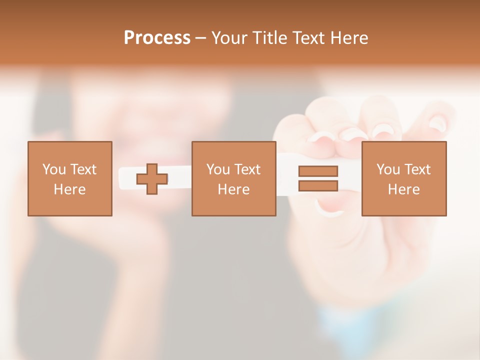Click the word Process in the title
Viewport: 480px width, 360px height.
(157, 38)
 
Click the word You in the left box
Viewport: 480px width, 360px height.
(54, 169)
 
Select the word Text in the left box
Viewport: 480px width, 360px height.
(83, 169)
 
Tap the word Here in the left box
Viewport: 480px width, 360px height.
(69, 189)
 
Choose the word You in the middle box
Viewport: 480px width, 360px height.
(218, 169)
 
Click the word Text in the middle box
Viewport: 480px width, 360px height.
(247, 169)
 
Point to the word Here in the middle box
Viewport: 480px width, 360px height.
(233, 189)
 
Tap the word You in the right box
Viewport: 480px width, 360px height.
(388, 169)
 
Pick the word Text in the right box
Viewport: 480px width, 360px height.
(417, 169)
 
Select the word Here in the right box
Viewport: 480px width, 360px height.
(403, 189)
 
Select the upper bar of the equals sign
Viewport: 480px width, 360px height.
(318, 171)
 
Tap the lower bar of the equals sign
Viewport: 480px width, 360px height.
(318, 185)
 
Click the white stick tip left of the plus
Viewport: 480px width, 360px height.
(127, 179)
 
